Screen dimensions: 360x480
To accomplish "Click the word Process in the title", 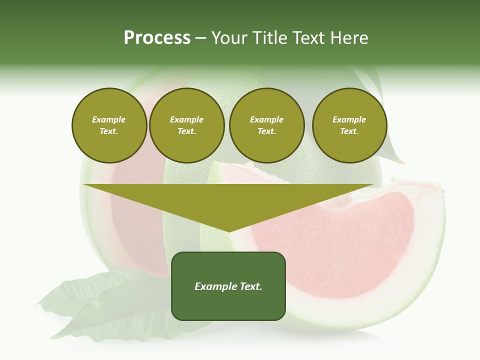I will [x=157, y=38].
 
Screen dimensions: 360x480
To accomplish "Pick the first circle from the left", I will [x=109, y=125].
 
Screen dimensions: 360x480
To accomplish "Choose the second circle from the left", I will [x=187, y=125].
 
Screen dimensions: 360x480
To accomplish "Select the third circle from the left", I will [x=266, y=125].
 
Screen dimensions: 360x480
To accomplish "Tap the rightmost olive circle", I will [x=349, y=125].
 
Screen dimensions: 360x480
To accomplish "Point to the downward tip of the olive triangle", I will [x=229, y=231].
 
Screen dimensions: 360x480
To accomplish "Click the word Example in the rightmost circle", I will [x=349, y=119].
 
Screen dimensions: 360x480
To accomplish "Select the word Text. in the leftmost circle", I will [x=109, y=131].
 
